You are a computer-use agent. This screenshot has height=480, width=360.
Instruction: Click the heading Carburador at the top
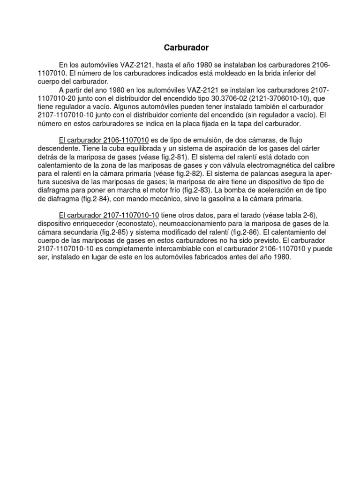coord(186,47)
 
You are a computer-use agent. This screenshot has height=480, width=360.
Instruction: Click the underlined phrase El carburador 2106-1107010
coord(104,140)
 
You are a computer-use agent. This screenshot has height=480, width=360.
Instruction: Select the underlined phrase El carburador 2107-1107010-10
coord(109,215)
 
